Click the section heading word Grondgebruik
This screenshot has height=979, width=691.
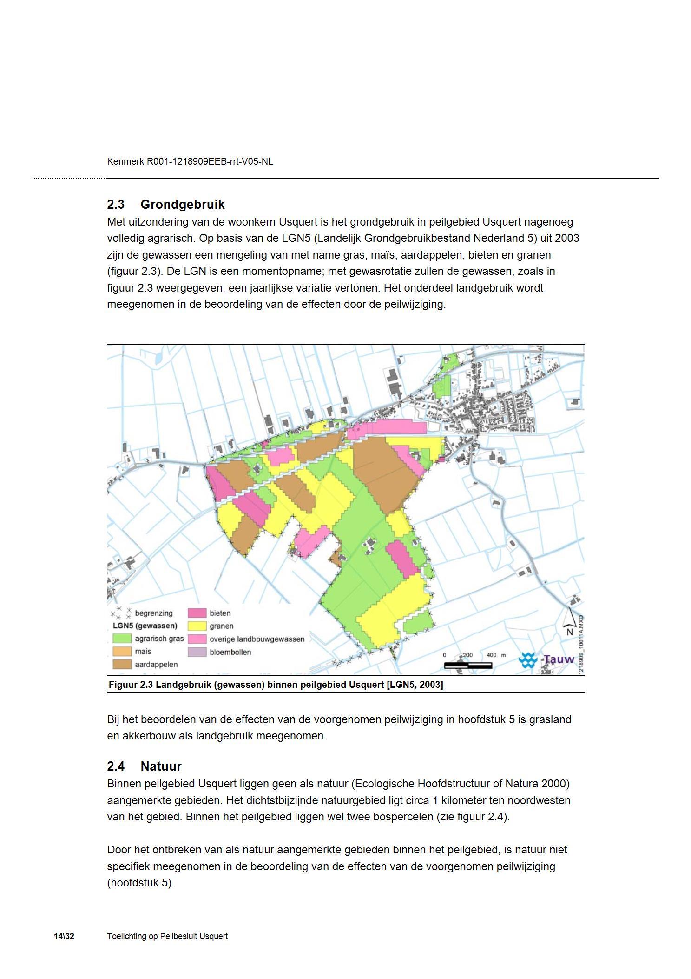pos(182,205)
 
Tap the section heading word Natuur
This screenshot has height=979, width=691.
pos(161,766)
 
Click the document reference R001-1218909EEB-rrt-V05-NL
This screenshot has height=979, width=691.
pos(210,161)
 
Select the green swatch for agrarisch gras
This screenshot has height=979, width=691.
pos(121,639)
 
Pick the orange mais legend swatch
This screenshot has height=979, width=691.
pos(121,652)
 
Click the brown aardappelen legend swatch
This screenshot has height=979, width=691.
pos(121,665)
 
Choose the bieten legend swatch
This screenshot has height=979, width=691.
pos(197,613)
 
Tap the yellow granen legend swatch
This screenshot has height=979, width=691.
pos(197,626)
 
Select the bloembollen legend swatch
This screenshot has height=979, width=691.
pos(197,652)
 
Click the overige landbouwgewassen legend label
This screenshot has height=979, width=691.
pos(257,639)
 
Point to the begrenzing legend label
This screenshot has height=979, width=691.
pos(154,613)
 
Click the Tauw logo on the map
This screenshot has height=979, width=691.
pos(546,659)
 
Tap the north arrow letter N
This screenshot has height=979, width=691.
pos(570,632)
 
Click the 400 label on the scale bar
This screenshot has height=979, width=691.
pos(491,655)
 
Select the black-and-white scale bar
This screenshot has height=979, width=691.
pos(468,666)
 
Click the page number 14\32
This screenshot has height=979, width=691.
pos(64,936)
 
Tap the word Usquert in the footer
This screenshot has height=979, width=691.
pos(214,936)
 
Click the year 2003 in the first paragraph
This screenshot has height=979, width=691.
pos(566,238)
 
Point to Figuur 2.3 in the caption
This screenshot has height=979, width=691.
pos(131,685)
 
